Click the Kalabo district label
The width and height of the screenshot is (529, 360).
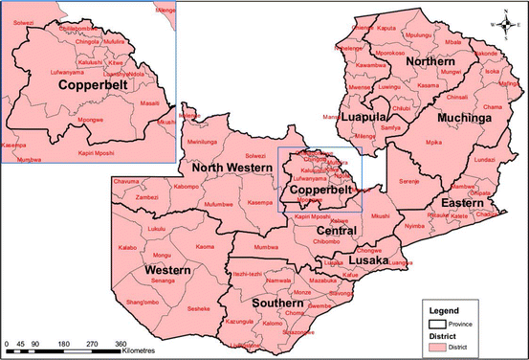coord(128,247)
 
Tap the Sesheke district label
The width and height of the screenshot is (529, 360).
coord(198,308)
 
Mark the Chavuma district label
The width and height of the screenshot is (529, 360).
coord(125,181)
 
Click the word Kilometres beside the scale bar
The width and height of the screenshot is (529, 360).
coord(141,351)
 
